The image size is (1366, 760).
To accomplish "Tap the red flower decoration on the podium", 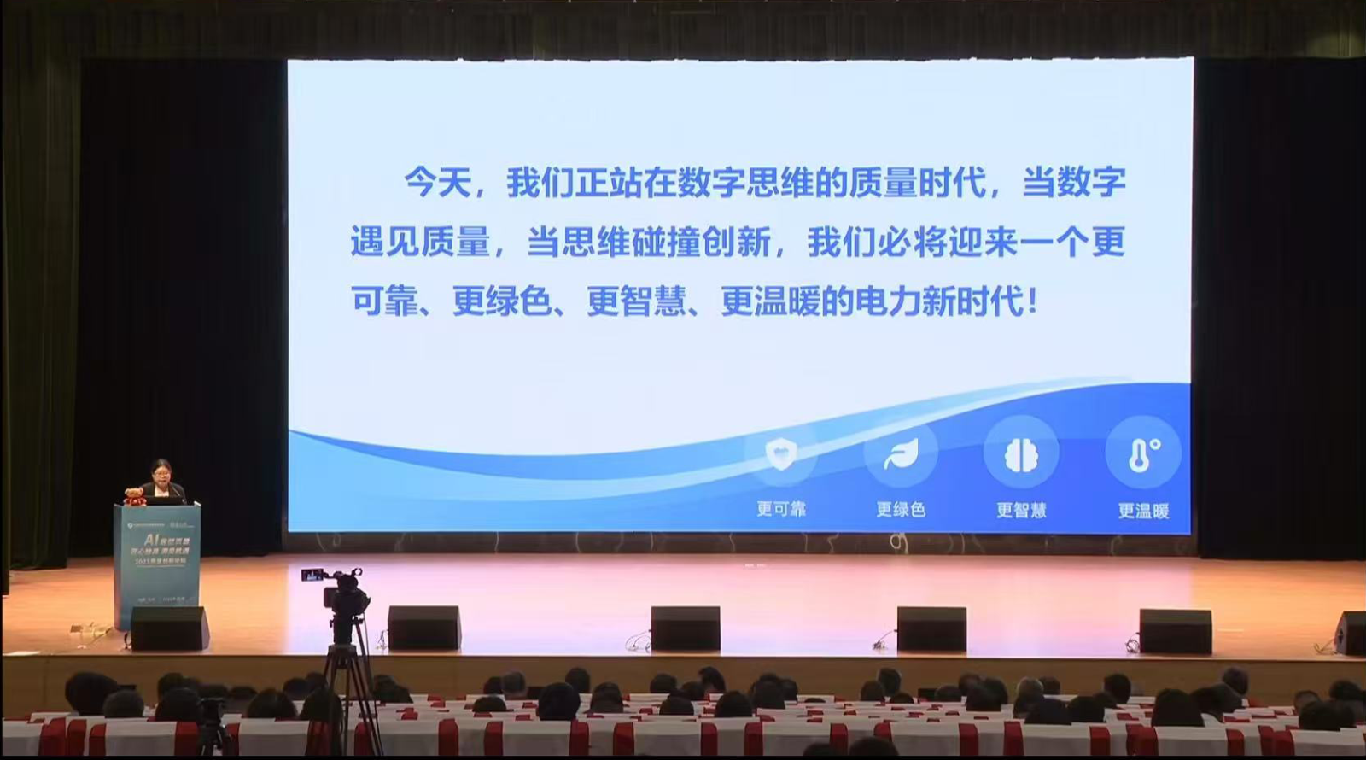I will pyautogui.click(x=133, y=494).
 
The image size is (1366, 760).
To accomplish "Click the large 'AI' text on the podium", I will pyautogui.click(x=152, y=540).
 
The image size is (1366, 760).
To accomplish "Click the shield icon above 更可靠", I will pyautogui.click(x=780, y=453).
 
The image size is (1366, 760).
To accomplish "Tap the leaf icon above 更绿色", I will pyautogui.click(x=901, y=453).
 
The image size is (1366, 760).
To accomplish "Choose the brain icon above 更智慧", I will pyautogui.click(x=1020, y=453).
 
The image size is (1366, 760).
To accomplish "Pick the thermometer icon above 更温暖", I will pyautogui.click(x=1142, y=453).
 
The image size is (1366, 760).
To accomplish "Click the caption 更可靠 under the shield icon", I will pyautogui.click(x=780, y=509).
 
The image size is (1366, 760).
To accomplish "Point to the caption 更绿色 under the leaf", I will pyautogui.click(x=901, y=510).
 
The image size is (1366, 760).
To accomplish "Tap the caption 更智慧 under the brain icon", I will pyautogui.click(x=1021, y=511).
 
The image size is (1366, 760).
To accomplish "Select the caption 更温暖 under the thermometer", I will pyautogui.click(x=1143, y=512).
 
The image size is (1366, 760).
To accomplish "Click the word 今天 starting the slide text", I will pyautogui.click(x=437, y=183).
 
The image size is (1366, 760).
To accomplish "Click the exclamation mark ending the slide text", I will pyautogui.click(x=1034, y=301).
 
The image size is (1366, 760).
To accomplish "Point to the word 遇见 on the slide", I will pyautogui.click(x=384, y=243).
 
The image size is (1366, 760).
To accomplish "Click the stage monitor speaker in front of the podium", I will pyautogui.click(x=169, y=628).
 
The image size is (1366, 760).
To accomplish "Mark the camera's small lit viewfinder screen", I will pyautogui.click(x=312, y=576).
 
